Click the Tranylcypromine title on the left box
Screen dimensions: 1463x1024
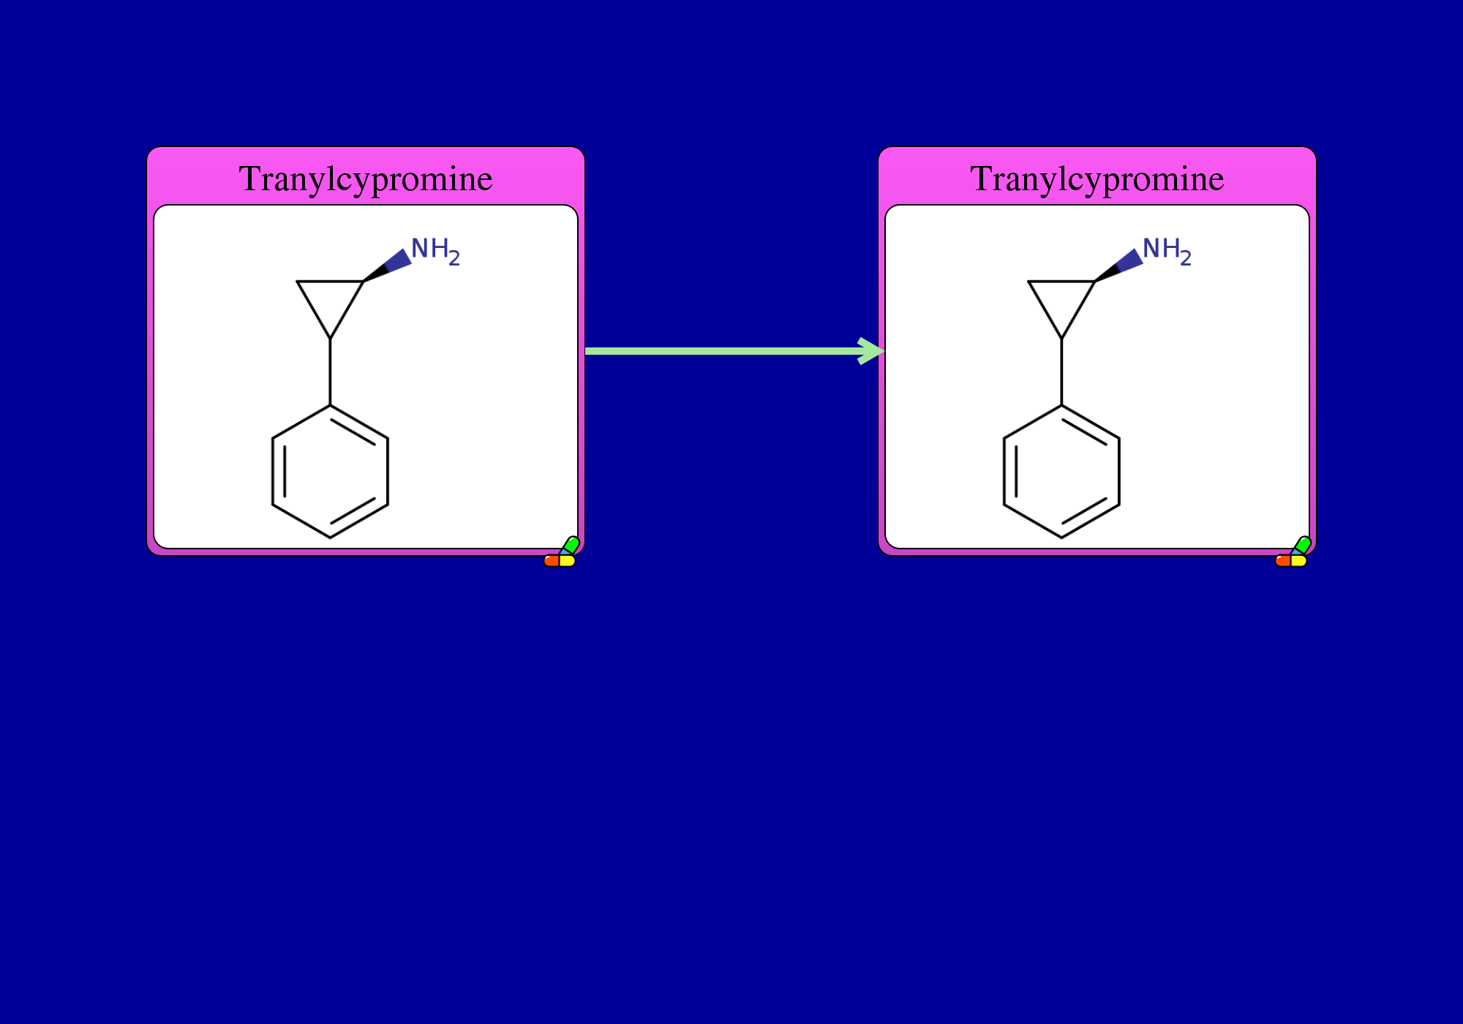(366, 179)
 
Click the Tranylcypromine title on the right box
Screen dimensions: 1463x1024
(1097, 179)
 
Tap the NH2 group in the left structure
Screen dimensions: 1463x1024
(435, 251)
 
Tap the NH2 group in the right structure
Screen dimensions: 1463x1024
(1167, 251)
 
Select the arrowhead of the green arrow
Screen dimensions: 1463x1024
(872, 351)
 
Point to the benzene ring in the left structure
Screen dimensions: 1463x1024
(272, 472)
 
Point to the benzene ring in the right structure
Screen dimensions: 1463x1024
(1004, 472)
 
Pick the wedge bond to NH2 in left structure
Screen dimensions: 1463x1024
(387, 266)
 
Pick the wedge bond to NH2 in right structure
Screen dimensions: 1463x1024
(1118, 266)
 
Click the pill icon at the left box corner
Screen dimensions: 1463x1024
(561, 553)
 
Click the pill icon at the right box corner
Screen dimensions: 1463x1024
(1293, 553)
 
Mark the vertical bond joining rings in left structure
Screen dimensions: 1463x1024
(330, 372)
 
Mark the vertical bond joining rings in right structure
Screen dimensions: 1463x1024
(1061, 372)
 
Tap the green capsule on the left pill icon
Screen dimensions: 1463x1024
(571, 546)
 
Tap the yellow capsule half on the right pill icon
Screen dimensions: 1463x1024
(1299, 561)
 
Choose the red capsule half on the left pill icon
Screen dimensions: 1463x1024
(552, 561)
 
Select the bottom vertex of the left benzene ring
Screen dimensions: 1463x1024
(330, 538)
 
